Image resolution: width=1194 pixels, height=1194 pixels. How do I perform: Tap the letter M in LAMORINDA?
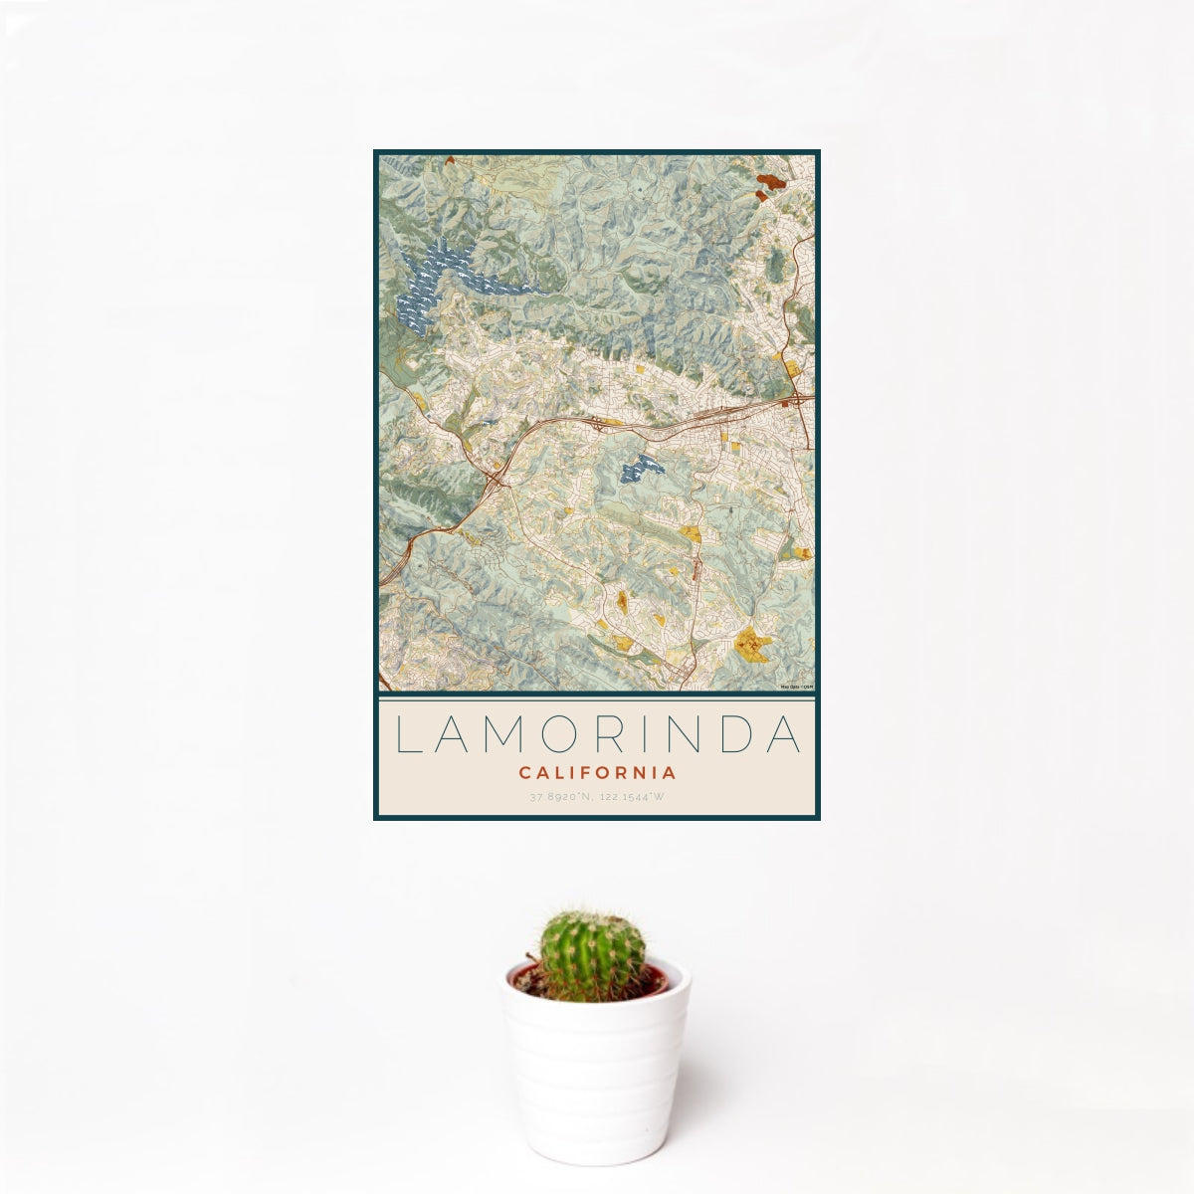tap(506, 735)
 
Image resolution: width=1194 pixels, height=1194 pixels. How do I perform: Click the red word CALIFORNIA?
tap(597, 772)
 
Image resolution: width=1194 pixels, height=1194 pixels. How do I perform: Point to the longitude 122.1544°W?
tap(631, 797)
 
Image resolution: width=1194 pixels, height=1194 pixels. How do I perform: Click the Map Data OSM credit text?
tap(797, 687)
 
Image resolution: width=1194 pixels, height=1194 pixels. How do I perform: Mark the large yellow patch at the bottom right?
tap(753, 645)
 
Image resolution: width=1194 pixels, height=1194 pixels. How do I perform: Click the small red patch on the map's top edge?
tap(450, 159)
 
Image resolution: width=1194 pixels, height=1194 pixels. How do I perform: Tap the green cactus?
tap(591, 955)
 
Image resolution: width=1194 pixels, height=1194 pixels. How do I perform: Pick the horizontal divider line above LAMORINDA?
tap(597, 698)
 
